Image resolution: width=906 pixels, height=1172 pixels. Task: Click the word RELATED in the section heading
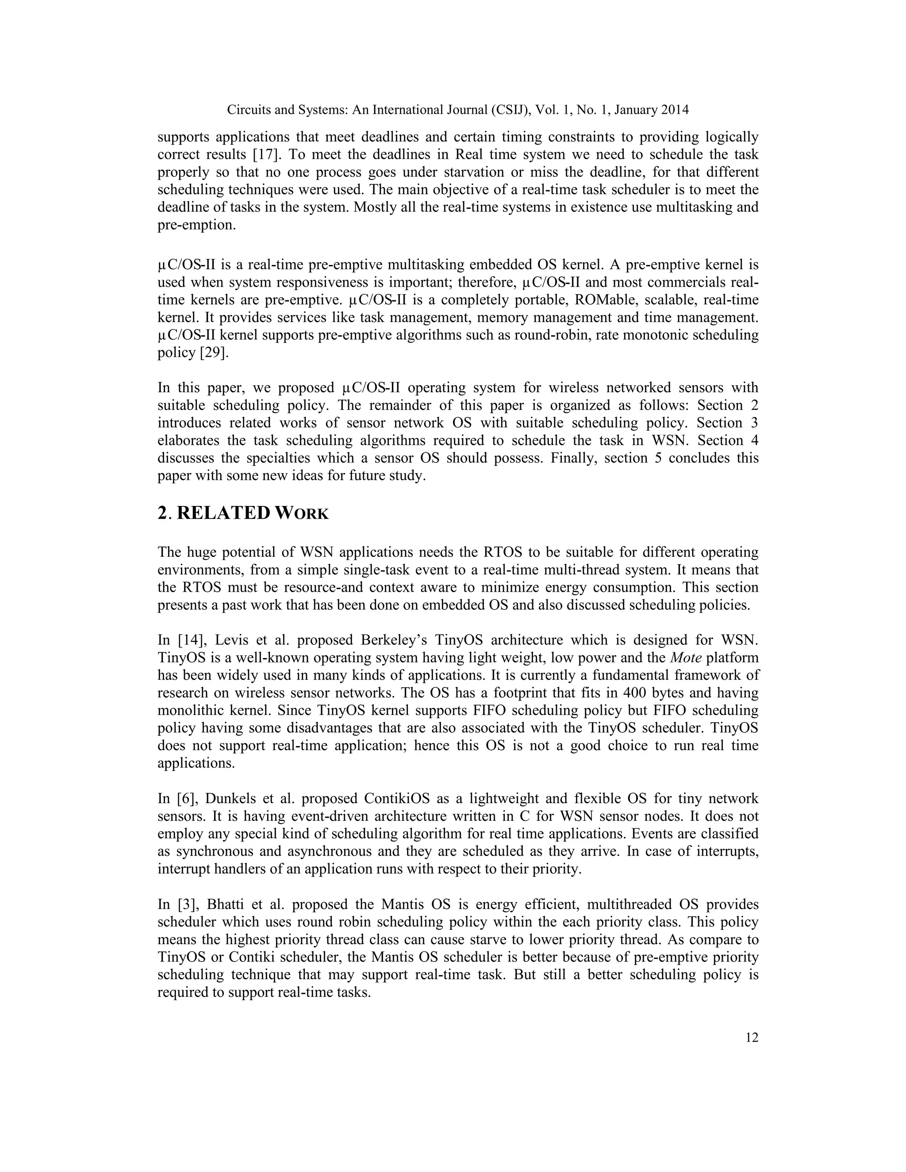(x=223, y=513)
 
